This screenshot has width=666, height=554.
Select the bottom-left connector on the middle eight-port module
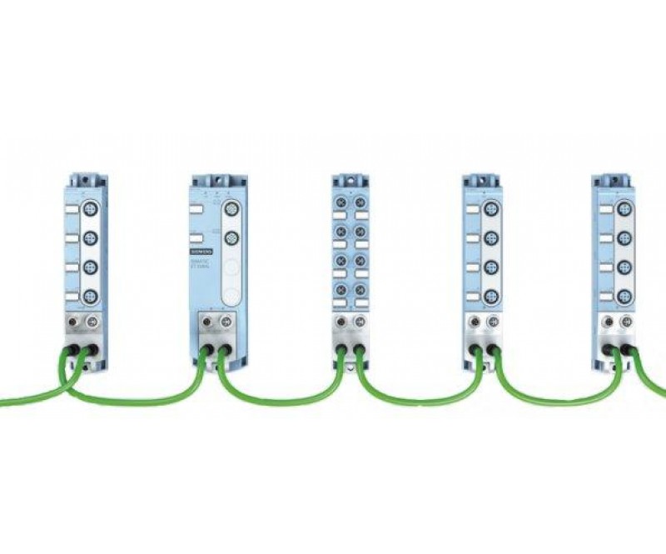pyautogui.click(x=340, y=292)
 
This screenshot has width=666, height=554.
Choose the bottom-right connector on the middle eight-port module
pyautogui.click(x=359, y=292)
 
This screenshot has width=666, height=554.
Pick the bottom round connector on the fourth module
pyautogui.click(x=492, y=296)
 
